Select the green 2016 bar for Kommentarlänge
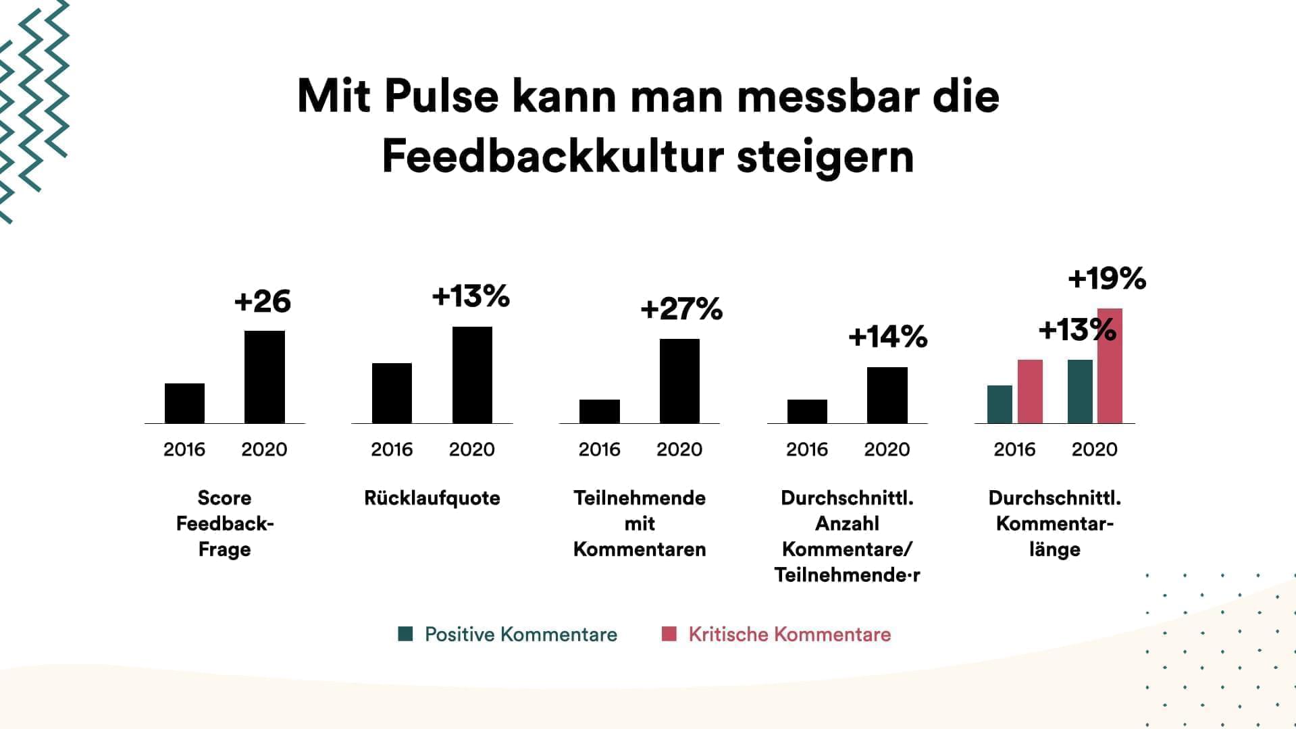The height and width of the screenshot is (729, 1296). click(1000, 404)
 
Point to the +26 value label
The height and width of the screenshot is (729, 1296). click(263, 301)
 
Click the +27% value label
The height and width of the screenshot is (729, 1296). click(681, 309)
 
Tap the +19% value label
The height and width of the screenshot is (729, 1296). click(1107, 278)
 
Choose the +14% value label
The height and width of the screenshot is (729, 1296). click(887, 336)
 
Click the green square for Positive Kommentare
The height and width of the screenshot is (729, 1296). click(405, 634)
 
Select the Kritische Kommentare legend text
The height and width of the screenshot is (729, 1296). click(789, 634)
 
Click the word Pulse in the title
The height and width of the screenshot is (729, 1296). click(441, 97)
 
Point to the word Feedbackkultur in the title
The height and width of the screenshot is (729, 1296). click(553, 157)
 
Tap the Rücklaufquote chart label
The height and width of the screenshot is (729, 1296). click(432, 498)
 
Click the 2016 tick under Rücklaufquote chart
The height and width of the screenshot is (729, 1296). click(392, 450)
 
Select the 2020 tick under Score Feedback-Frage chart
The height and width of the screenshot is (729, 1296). click(264, 450)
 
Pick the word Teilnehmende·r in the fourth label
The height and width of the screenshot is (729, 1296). click(847, 575)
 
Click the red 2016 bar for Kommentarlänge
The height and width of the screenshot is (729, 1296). click(1030, 391)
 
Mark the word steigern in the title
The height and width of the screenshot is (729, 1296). click(825, 157)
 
